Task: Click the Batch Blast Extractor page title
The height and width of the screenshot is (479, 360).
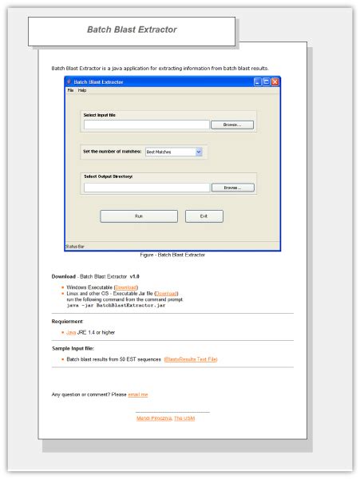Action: (x=132, y=30)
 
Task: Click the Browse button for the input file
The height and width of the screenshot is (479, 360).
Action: (x=231, y=125)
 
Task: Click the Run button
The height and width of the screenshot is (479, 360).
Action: (x=138, y=216)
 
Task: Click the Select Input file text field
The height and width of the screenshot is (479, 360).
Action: (x=146, y=125)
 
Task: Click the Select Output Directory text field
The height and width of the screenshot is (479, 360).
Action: (x=146, y=188)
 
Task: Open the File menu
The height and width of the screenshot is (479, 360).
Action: (x=70, y=90)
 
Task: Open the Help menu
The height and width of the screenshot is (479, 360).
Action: (x=82, y=90)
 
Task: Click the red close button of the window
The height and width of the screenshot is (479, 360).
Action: (x=275, y=81)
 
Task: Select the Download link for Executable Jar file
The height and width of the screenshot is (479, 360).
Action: (x=167, y=294)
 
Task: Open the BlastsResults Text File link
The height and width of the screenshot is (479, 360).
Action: (x=191, y=359)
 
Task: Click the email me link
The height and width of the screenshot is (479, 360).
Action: (x=138, y=394)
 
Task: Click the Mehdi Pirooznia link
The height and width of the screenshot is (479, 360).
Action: (x=154, y=418)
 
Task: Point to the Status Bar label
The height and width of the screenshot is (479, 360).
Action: (x=74, y=246)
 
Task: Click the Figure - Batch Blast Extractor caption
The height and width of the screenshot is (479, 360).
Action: (x=172, y=255)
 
